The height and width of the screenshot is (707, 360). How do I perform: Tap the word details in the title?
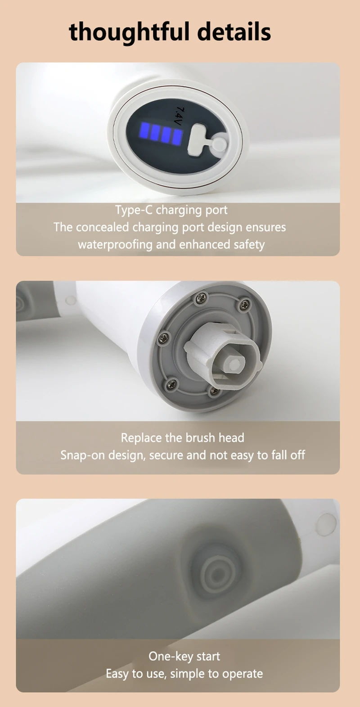click(x=234, y=32)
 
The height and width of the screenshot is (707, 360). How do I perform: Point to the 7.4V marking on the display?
click(x=179, y=116)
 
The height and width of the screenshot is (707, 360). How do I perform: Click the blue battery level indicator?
click(x=161, y=134)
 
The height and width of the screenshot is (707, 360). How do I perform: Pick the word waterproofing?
click(x=115, y=245)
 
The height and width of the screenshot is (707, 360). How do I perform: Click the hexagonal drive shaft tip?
click(x=233, y=364)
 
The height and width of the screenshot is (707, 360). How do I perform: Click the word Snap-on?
click(x=83, y=455)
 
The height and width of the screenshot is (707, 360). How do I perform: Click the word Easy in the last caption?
click(x=117, y=674)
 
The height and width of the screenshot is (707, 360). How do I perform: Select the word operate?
click(x=243, y=674)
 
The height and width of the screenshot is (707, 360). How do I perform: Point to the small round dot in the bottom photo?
click(x=326, y=524)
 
